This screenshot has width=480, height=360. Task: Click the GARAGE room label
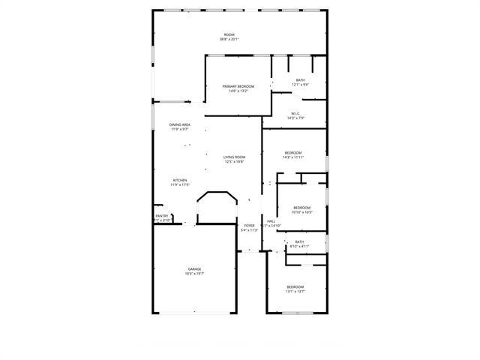click(194, 268)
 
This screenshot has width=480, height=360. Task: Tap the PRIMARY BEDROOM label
click(238, 86)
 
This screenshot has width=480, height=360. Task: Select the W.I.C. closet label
click(295, 113)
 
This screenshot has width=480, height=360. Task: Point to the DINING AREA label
click(179, 124)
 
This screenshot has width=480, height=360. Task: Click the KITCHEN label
click(180, 180)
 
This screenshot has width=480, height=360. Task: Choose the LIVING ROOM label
click(234, 157)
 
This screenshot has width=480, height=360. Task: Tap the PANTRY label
click(162, 216)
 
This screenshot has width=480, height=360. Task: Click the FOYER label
click(249, 225)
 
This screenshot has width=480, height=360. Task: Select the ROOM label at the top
click(229, 35)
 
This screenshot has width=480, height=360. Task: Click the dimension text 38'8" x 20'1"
click(229, 40)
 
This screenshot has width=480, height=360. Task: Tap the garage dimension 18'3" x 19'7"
click(194, 274)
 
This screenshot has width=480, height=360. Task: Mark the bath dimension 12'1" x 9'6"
click(300, 85)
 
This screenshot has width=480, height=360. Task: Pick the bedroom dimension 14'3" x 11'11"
click(292, 157)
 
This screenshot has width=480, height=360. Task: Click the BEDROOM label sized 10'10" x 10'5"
click(301, 208)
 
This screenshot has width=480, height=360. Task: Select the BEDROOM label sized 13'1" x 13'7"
click(295, 286)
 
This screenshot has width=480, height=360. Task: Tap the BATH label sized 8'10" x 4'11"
click(299, 241)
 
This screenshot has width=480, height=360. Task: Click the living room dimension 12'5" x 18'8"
click(234, 161)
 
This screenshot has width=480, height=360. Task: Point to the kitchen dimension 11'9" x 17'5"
click(180, 184)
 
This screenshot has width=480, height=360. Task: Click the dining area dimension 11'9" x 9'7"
click(179, 129)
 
